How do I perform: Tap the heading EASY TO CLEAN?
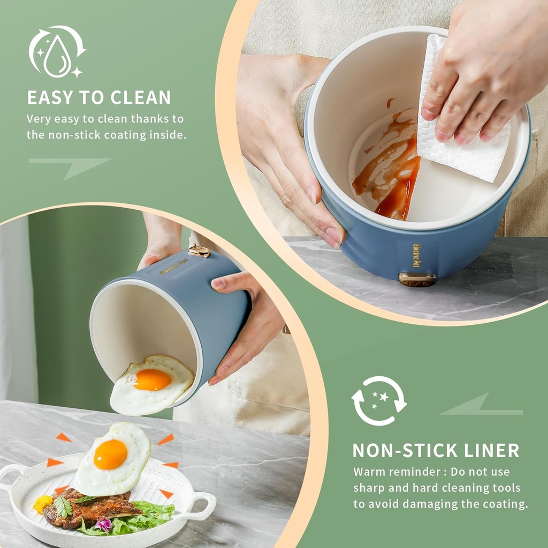99,97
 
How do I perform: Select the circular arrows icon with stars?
379,400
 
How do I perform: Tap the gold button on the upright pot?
417,279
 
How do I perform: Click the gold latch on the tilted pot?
200,251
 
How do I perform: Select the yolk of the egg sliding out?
153,379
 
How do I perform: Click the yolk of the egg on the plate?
110,454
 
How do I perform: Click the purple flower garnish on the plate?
103,525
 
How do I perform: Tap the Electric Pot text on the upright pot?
416,256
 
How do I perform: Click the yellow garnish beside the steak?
42,503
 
